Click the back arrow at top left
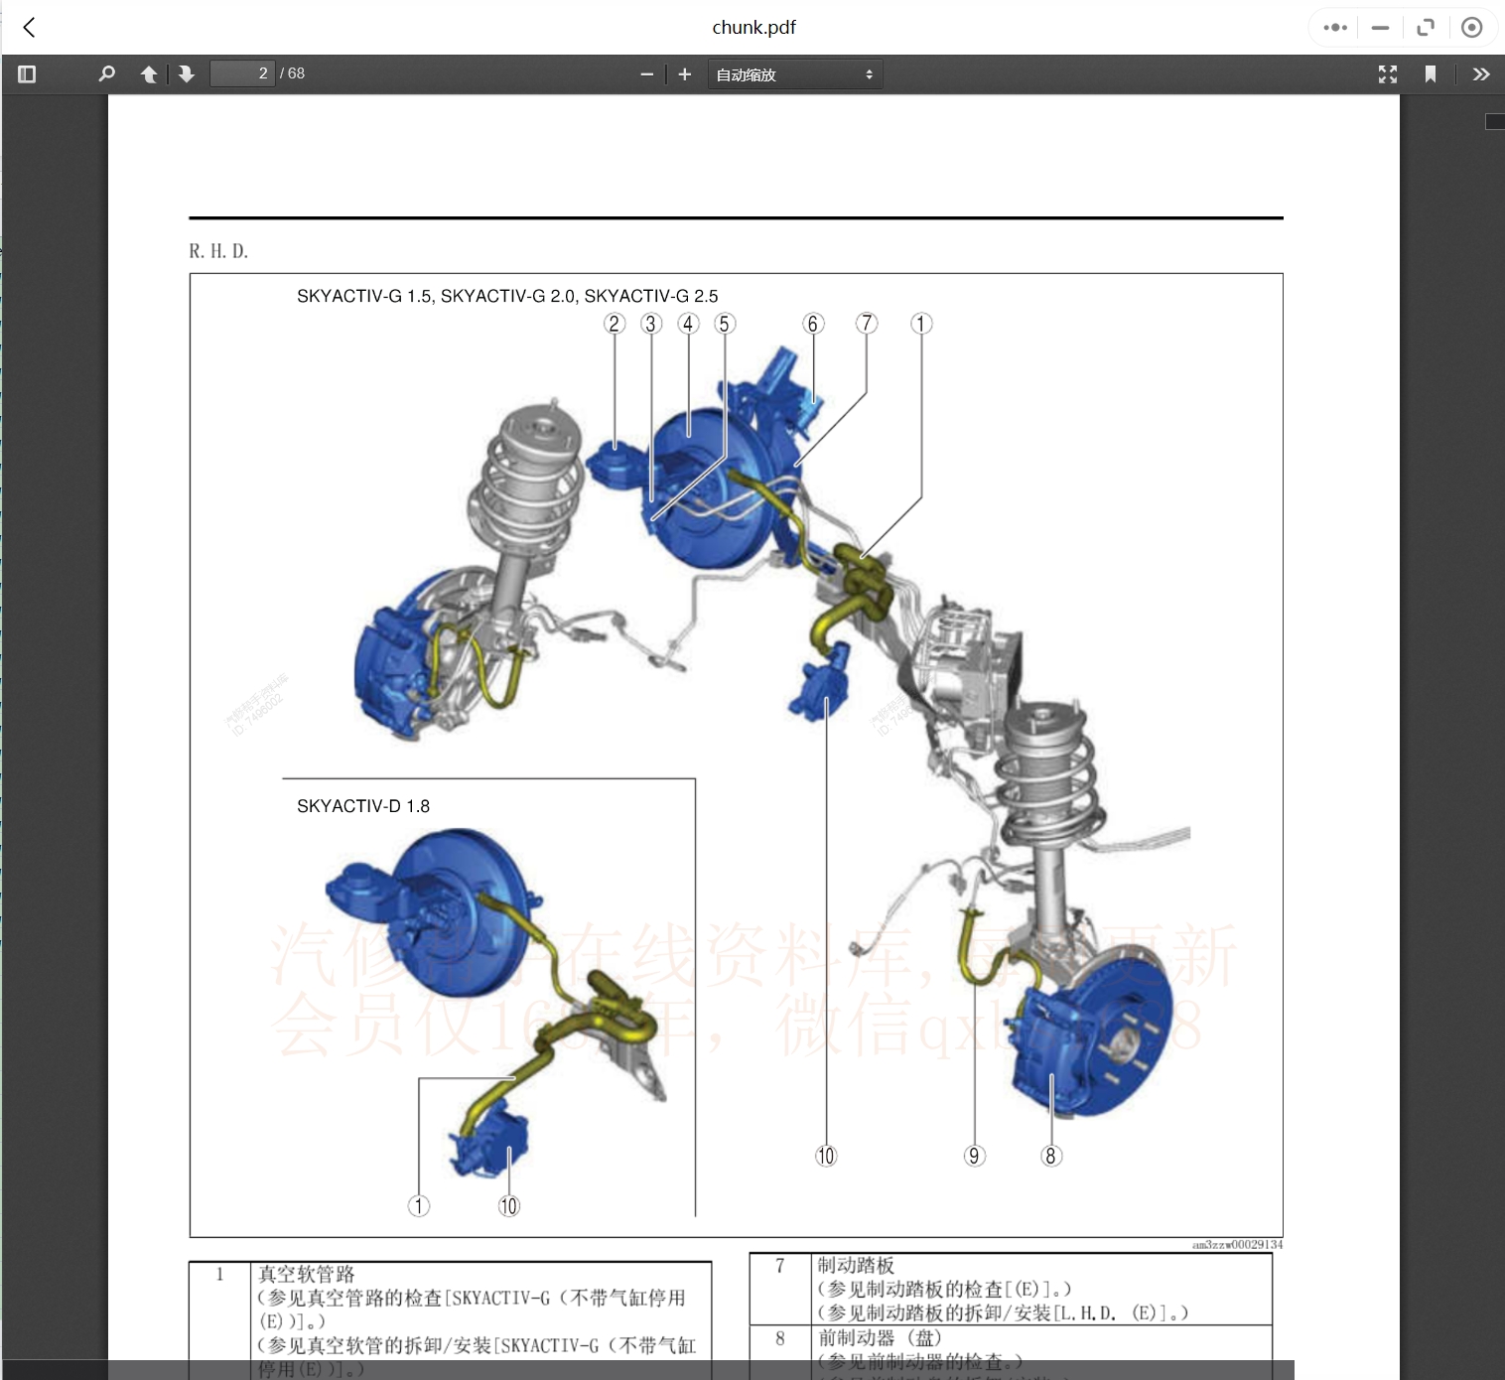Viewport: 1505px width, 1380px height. [29, 28]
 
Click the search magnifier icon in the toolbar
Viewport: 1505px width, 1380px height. [106, 74]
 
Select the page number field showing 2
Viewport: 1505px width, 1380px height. [242, 73]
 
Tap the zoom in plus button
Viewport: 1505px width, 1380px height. [684, 74]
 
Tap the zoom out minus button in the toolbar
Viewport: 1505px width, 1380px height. [647, 74]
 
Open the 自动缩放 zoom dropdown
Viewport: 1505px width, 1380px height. [794, 74]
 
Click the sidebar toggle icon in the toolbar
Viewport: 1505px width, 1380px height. [27, 74]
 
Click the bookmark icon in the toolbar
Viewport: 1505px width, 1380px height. [1430, 74]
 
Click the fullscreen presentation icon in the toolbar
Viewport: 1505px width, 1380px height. [1387, 74]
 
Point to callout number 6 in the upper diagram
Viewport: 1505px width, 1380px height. [813, 324]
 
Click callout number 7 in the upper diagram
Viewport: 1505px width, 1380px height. [867, 324]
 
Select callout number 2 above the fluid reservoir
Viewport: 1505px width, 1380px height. [615, 324]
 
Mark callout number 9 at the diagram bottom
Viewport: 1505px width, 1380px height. [974, 1156]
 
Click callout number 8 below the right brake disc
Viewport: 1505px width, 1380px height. [1050, 1156]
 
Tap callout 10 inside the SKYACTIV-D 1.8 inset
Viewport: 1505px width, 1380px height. [508, 1205]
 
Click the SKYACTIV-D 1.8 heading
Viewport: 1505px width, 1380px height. [363, 806]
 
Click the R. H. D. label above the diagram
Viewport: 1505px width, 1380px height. [218, 251]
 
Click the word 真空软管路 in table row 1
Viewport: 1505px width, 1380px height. [306, 1274]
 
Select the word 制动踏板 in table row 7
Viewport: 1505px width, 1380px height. [856, 1266]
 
